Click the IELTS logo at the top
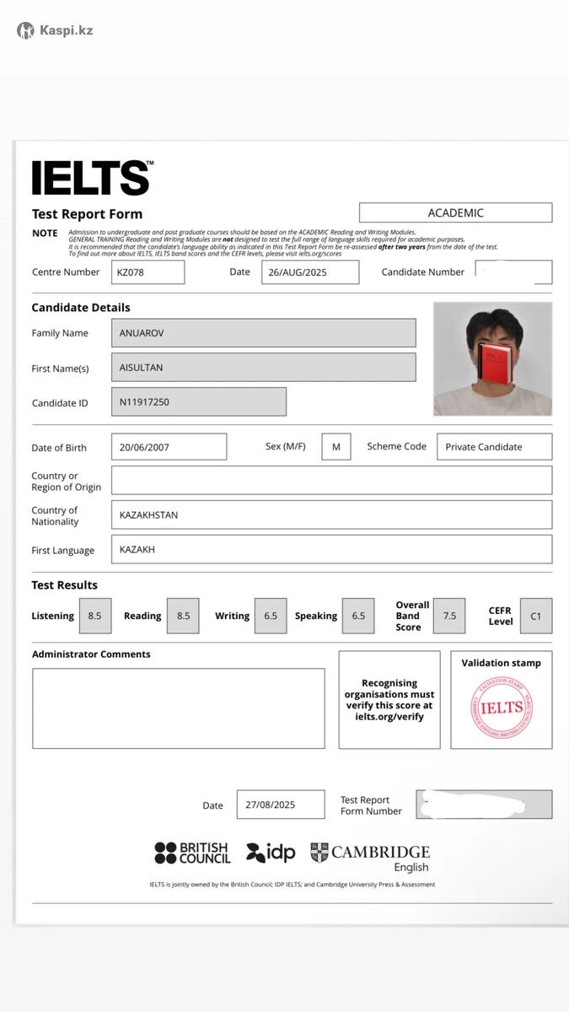tap(92, 178)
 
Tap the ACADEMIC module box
tap(455, 213)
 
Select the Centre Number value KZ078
tap(148, 272)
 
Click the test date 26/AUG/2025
tap(309, 272)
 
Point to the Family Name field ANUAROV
tap(263, 333)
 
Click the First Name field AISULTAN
tap(263, 368)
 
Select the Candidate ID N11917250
tap(198, 402)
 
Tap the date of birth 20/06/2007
tap(169, 447)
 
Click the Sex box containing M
tap(335, 447)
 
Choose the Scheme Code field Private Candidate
tap(494, 447)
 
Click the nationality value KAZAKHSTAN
tap(331, 515)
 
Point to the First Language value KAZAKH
tap(331, 550)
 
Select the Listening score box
tap(94, 616)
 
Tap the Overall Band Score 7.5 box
tap(449, 616)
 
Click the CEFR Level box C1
tap(536, 616)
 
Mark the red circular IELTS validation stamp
tap(502, 708)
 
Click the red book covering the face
tap(492, 364)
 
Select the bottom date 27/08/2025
tap(280, 805)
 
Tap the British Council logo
tap(192, 853)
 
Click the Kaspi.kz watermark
tap(55, 30)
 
